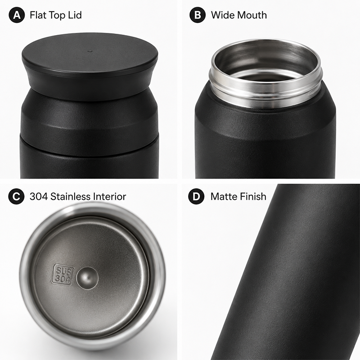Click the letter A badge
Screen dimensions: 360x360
[x=17, y=15]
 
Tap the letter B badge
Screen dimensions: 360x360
[x=198, y=15]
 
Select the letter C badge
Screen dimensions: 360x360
[x=16, y=197]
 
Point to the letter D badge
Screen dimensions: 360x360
[x=196, y=197]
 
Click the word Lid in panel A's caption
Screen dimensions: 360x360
[x=75, y=15]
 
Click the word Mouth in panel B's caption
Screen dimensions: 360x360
[x=252, y=15]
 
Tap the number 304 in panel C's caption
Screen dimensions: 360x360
[x=39, y=197]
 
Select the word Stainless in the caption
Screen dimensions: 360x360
[x=71, y=197]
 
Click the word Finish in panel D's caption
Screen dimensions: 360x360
[x=253, y=197]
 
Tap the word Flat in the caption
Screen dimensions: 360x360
[x=37, y=15]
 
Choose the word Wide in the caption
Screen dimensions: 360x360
[x=223, y=15]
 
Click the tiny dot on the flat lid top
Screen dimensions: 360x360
[x=90, y=51]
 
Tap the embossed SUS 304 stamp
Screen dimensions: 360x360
[x=63, y=275]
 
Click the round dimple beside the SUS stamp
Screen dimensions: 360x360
[x=87, y=278]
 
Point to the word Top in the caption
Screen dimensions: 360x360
[x=57, y=16]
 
